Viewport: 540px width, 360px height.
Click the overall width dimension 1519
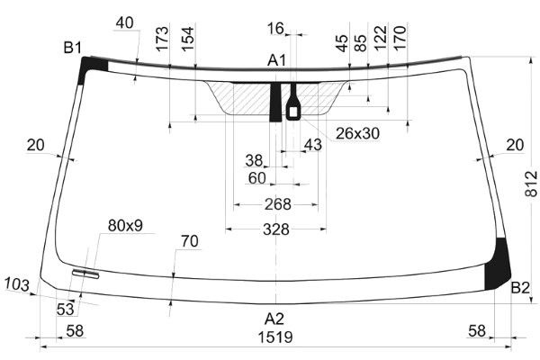(275, 337)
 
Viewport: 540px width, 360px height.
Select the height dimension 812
(531, 184)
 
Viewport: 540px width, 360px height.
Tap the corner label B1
(73, 48)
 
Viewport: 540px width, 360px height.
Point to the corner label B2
(520, 288)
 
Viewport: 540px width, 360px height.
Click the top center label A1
(277, 60)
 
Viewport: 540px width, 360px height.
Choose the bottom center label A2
(274, 319)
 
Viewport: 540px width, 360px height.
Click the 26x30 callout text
(357, 133)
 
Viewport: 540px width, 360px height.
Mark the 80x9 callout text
(125, 226)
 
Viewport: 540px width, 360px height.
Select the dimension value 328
(276, 229)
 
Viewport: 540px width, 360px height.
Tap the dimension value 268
(278, 204)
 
